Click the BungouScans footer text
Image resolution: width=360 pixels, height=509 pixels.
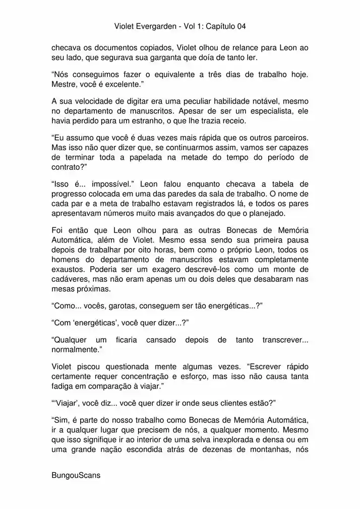(76, 475)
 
